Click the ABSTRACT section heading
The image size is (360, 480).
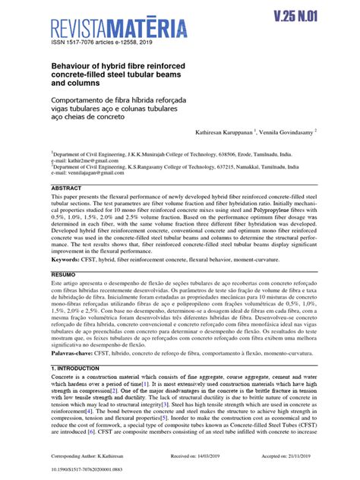(66, 188)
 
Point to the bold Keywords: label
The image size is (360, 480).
(69, 259)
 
